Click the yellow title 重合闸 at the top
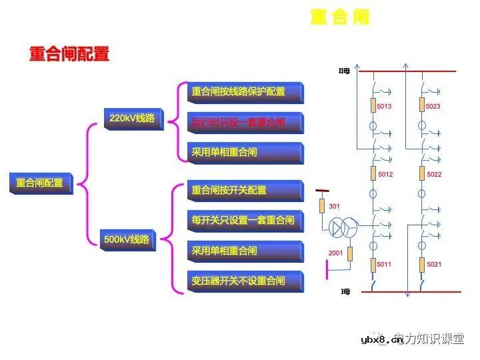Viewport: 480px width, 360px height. [x=339, y=17]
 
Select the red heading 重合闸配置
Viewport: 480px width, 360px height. [x=69, y=55]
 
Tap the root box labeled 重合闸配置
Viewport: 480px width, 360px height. [x=40, y=183]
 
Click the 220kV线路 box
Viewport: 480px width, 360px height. [x=133, y=119]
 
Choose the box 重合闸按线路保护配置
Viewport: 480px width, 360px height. [x=239, y=92]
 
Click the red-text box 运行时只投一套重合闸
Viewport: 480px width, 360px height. [x=239, y=123]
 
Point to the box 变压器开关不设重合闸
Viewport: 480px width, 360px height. [x=239, y=281]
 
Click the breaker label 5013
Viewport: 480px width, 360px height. [x=385, y=106]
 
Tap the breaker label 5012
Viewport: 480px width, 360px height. [x=385, y=175]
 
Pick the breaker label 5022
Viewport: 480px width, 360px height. [x=434, y=175]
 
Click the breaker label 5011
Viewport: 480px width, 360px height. [x=384, y=265]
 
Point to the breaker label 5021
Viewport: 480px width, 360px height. [x=433, y=265]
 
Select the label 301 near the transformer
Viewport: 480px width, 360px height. [x=335, y=207]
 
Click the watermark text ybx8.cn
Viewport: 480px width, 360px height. [x=381, y=341]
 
